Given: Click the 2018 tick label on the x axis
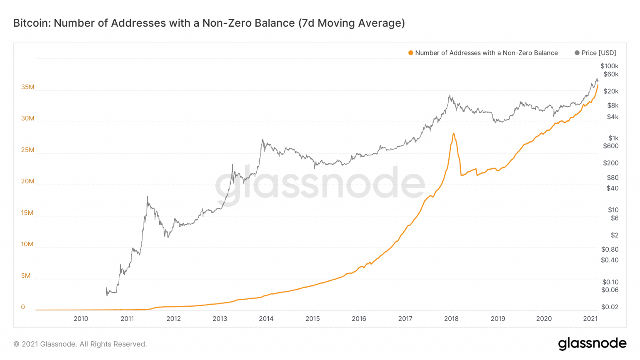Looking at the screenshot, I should coord(451,319).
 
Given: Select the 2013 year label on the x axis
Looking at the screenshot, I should coord(220,319).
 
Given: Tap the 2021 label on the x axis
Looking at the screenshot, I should coord(590,319).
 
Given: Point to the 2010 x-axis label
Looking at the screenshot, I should coord(81,319).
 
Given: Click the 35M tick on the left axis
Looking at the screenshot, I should coord(27,87).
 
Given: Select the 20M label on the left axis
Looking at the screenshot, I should coord(27,181).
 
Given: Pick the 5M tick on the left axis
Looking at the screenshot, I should coord(26,276).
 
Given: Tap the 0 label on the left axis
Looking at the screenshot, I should coord(23,307).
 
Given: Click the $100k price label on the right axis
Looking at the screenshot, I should coord(609,66).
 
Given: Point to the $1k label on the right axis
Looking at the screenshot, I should coord(613,138).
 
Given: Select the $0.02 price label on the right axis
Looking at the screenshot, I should coord(610,307).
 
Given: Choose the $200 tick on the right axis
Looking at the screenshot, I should coord(610,163).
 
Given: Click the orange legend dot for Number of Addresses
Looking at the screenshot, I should coord(411,53).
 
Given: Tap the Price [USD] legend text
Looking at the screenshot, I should coord(598,53).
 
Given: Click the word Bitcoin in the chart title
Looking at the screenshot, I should coord(31,23).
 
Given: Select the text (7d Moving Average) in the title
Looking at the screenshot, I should coord(351,23).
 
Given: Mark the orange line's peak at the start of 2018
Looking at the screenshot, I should coord(453,134).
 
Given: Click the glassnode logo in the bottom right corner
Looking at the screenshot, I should coord(592,343).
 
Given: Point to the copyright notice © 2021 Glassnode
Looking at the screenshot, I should coord(80,344).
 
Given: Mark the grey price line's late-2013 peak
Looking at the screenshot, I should coord(262,140).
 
